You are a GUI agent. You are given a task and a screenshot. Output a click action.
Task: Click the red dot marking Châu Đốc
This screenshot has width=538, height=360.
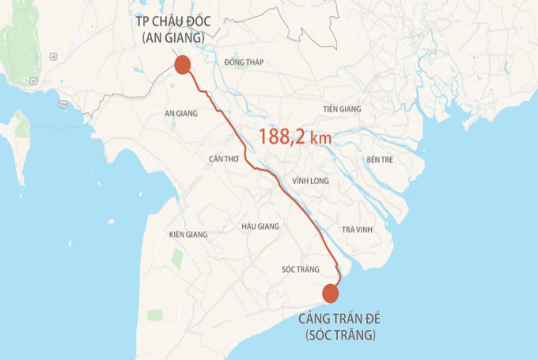pos(182,65)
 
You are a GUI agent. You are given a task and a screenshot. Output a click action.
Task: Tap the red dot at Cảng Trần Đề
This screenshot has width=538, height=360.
pos(330,293)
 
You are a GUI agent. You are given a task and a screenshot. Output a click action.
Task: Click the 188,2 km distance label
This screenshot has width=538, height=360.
pos(295,137)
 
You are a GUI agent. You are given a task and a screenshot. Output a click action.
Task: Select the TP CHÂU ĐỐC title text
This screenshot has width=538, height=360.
pos(173,22)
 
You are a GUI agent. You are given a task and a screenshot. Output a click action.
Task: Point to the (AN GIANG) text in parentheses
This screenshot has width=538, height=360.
pos(173,38)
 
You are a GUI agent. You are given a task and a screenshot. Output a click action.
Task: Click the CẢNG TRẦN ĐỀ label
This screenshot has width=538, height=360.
pos(339,319)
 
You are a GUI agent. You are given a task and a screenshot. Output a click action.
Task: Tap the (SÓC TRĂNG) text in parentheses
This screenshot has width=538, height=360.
pos(341,335)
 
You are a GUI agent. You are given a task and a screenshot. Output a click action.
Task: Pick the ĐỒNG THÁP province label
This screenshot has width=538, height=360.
pos(244,62)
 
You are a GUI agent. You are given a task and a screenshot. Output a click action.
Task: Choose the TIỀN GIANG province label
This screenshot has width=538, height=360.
pos(342,109)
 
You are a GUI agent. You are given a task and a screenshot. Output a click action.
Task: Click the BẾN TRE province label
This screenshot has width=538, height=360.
pos(379,160)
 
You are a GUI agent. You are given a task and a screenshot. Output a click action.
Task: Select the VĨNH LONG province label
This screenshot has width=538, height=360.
pos(310,181)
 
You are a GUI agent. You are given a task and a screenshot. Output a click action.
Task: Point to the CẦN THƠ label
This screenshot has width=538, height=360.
pos(224,159)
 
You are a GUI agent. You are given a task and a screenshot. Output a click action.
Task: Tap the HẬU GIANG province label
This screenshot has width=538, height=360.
pos(260,226)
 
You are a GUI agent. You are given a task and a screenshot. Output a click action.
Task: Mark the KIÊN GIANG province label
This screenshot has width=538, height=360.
pos(188,235)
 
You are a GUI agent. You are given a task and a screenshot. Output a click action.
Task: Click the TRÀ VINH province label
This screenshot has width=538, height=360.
pos(357,230)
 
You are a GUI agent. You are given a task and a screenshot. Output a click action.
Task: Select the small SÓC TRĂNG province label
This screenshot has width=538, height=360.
pos(300,269)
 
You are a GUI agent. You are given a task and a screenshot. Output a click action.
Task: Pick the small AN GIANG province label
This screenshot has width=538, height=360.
pos(181,113)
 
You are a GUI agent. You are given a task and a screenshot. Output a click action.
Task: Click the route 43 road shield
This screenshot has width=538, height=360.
pos(53,56)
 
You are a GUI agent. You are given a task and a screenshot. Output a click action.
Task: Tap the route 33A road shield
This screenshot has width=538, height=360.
pos(63,104)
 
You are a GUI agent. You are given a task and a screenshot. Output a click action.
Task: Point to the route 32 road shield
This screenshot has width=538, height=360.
pos(34,81)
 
